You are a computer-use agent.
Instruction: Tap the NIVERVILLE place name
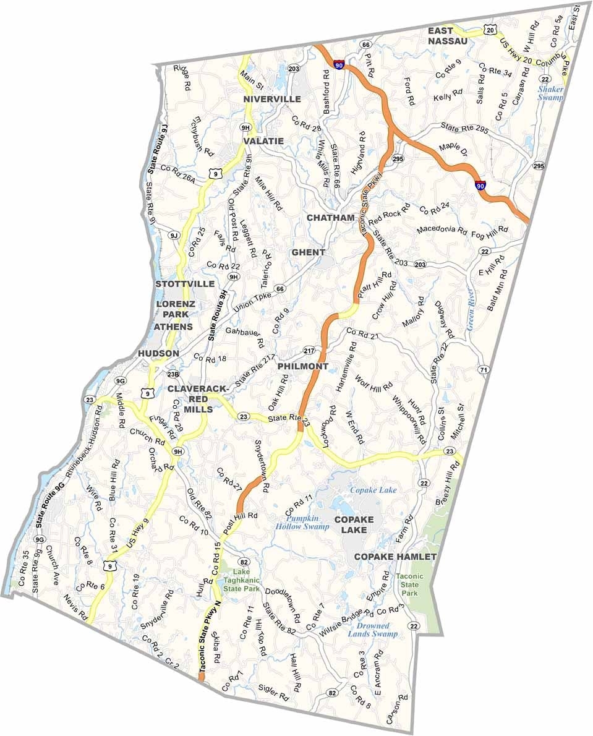click(x=272, y=99)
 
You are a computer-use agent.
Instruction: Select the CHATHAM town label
click(x=331, y=218)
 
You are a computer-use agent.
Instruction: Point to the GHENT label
click(x=308, y=252)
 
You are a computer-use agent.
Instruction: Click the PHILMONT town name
click(x=302, y=366)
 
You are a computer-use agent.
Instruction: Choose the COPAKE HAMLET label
click(x=395, y=557)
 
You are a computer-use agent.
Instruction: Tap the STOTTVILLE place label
click(x=185, y=284)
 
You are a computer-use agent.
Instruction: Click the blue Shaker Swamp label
click(x=550, y=93)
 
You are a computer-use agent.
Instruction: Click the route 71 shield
click(x=484, y=369)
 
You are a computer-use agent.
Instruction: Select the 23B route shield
click(x=174, y=374)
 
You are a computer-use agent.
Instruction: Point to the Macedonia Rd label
click(x=442, y=229)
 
